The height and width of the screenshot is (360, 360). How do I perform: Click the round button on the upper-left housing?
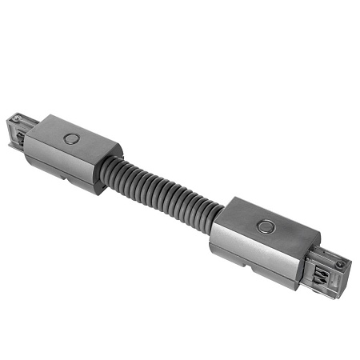[73, 138]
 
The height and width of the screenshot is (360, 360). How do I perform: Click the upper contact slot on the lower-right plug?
[323, 258]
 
